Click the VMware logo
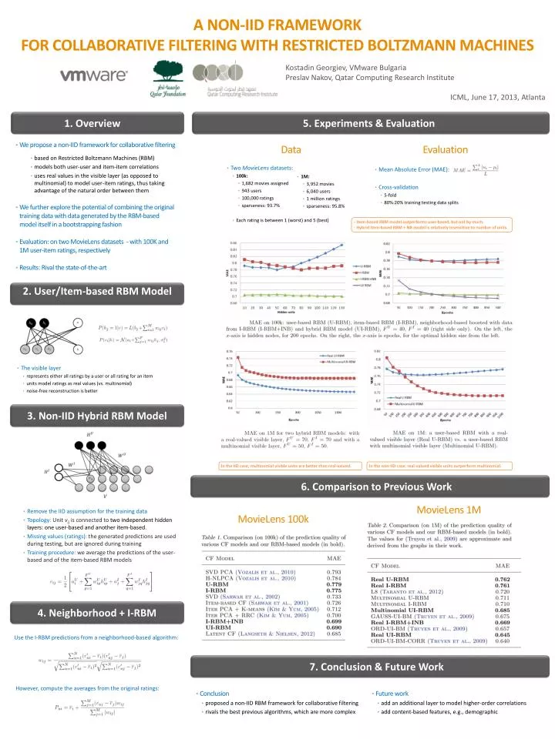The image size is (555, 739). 94,76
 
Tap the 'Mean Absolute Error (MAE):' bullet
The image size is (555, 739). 412,169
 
